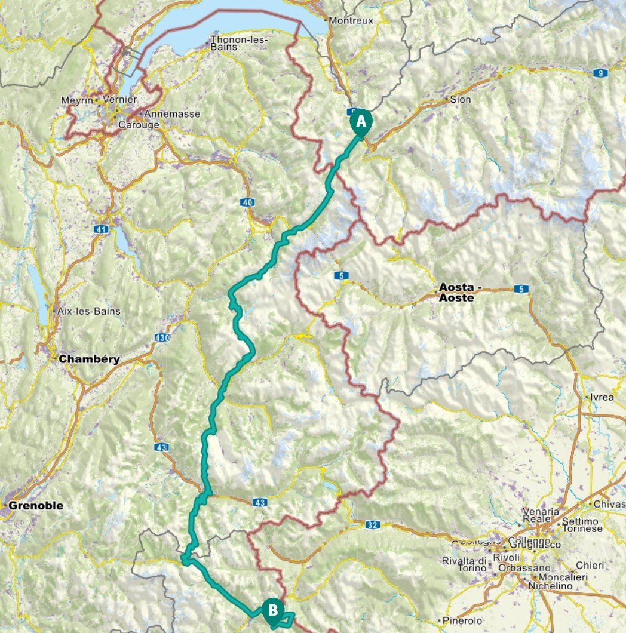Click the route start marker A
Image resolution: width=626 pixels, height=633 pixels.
pyautogui.click(x=360, y=122)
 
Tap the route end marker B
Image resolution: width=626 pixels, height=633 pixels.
pyautogui.click(x=272, y=610)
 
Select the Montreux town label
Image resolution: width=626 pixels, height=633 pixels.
pyautogui.click(x=351, y=20)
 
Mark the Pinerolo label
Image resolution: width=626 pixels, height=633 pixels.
pyautogui.click(x=462, y=621)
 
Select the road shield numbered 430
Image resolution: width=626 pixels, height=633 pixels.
pyautogui.click(x=161, y=338)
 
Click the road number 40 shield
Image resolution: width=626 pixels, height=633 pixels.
pyautogui.click(x=248, y=202)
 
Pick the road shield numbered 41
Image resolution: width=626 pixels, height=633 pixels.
pyautogui.click(x=100, y=229)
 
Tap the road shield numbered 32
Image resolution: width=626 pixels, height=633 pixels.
pyautogui.click(x=372, y=525)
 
